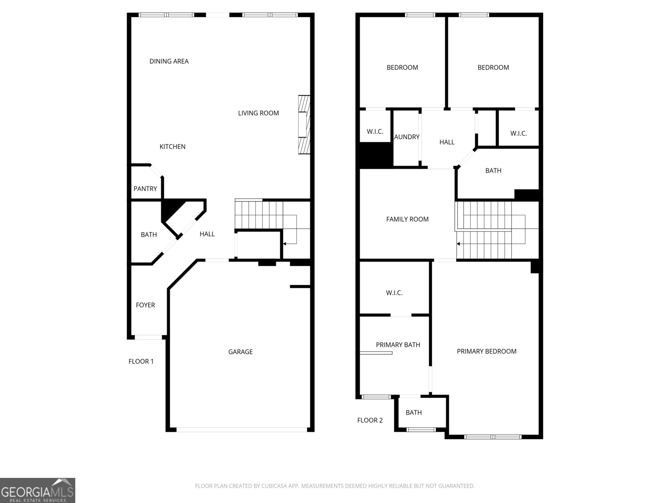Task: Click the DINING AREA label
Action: pyautogui.click(x=169, y=61)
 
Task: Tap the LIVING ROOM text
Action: pyautogui.click(x=258, y=113)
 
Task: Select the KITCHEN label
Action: pyautogui.click(x=172, y=147)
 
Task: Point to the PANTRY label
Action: pyautogui.click(x=145, y=189)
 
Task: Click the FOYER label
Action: pyautogui.click(x=145, y=305)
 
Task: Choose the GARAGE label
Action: pyautogui.click(x=240, y=352)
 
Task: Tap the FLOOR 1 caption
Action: pyautogui.click(x=141, y=361)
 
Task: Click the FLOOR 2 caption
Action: pyautogui.click(x=370, y=420)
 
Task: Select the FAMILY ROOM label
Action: pyautogui.click(x=407, y=219)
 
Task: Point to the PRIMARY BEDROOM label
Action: pyautogui.click(x=486, y=352)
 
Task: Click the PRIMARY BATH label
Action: pyautogui.click(x=398, y=345)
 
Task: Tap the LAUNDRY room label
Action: pyautogui.click(x=407, y=137)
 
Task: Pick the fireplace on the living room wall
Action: pyautogui.click(x=304, y=124)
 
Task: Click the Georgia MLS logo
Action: pyautogui.click(x=38, y=490)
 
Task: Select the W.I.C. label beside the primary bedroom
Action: pyautogui.click(x=394, y=293)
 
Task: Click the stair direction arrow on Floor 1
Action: pyautogui.click(x=285, y=244)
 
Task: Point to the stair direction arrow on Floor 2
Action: pyautogui.click(x=459, y=244)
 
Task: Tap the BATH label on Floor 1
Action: pyautogui.click(x=149, y=235)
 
